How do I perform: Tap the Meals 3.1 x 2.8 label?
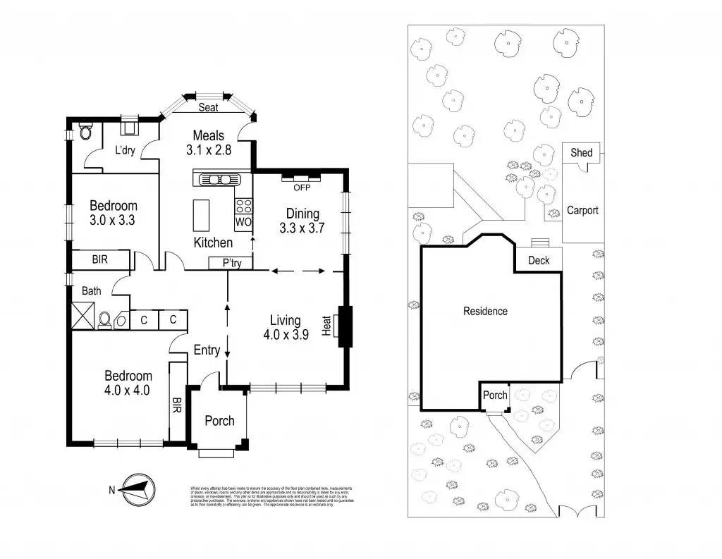pyautogui.click(x=209, y=142)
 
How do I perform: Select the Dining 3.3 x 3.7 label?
pyautogui.click(x=302, y=221)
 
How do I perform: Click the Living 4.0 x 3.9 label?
pyautogui.click(x=285, y=328)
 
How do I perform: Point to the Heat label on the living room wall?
pyautogui.click(x=327, y=326)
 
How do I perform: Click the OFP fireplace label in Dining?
pyautogui.click(x=302, y=187)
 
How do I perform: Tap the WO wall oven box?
pyautogui.click(x=243, y=222)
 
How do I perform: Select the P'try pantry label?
pyautogui.click(x=231, y=263)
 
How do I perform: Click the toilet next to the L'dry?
pyautogui.click(x=85, y=132)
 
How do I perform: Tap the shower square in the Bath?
pyautogui.click(x=82, y=315)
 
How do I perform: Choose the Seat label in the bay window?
pyautogui.click(x=208, y=108)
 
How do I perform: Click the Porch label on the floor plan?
pyautogui.click(x=219, y=421)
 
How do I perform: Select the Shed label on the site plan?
pyautogui.click(x=582, y=153)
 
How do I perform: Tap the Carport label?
pyautogui.click(x=582, y=210)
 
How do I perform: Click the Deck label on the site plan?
pyautogui.click(x=539, y=261)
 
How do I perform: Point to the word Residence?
pyautogui.click(x=485, y=311)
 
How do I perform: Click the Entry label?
pyautogui.click(x=207, y=350)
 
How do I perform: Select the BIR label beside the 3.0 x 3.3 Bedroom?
pyautogui.click(x=101, y=260)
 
